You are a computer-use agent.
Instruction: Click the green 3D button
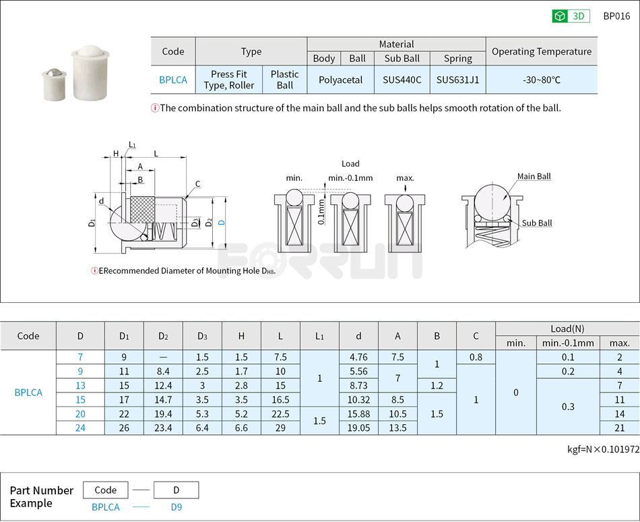[571, 16]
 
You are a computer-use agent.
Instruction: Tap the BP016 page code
[616, 16]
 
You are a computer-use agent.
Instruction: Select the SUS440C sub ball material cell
[402, 80]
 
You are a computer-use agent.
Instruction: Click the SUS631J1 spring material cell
[457, 80]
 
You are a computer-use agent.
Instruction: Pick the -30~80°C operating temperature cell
[541, 80]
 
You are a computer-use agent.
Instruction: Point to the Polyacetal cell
[340, 80]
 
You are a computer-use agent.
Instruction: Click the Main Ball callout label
[534, 177]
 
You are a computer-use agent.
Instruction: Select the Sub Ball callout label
[536, 223]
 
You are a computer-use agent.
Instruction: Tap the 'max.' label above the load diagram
[405, 178]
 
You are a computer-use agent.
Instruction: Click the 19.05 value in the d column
[358, 428]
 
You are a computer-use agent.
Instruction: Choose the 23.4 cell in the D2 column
[163, 428]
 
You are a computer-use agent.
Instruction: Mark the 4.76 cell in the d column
[358, 357]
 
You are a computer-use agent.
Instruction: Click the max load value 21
[619, 428]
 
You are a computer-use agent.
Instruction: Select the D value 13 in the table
[80, 385]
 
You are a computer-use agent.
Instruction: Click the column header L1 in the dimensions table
[319, 336]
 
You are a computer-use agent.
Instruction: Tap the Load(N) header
[567, 328]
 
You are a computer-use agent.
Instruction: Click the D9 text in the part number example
[177, 507]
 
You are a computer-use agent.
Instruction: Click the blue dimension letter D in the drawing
[221, 222]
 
